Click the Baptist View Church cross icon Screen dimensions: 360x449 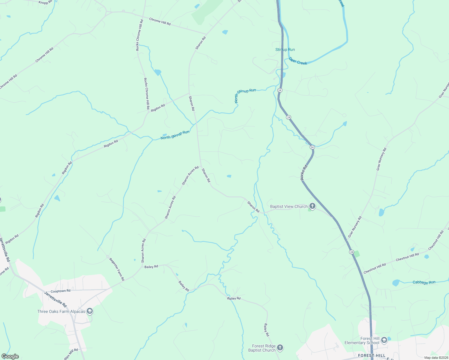[312, 206]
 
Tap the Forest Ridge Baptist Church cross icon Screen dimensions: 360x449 [280, 348]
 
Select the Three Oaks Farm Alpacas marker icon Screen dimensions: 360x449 [89, 311]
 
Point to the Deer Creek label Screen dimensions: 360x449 [298, 61]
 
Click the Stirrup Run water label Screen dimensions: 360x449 [285, 49]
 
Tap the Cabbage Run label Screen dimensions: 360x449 [424, 282]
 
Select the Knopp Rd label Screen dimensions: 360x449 [45, 2]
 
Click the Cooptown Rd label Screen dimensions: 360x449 [60, 291]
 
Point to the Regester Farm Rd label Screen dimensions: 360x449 [117, 269]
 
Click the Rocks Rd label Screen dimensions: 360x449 [304, 172]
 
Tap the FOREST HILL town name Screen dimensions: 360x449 [372, 355]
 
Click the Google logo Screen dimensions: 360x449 [10, 356]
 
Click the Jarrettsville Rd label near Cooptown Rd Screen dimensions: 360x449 [55, 299]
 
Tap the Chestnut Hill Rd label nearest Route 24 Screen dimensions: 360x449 [375, 268]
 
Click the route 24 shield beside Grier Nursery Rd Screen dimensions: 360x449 [351, 252]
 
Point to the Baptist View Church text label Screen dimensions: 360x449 [289, 206]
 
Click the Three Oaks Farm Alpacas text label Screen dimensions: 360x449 [61, 311]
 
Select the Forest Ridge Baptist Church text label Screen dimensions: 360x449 [262, 348]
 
